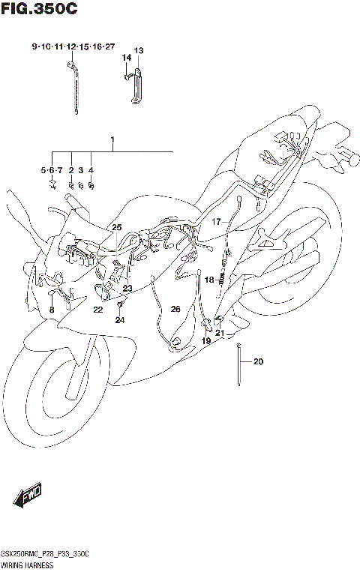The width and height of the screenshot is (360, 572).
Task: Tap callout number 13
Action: [139, 50]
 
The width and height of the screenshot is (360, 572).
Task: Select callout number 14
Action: [127, 58]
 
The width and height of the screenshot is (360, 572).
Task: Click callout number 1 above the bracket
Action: [112, 140]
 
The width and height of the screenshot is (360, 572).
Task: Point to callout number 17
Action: [215, 221]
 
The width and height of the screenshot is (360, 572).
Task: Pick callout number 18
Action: [210, 280]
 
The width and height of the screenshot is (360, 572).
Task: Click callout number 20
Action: [259, 363]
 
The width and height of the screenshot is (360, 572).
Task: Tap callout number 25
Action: [116, 227]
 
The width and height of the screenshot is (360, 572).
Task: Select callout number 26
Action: [175, 309]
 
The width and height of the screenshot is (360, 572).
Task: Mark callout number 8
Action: [52, 310]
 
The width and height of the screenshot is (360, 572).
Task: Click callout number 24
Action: [119, 320]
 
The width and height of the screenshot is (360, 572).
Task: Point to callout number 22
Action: [98, 310]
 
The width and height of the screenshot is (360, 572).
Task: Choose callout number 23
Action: [127, 289]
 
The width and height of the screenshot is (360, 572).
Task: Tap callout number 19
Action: [205, 340]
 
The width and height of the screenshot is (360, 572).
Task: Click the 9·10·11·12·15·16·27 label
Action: [73, 46]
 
